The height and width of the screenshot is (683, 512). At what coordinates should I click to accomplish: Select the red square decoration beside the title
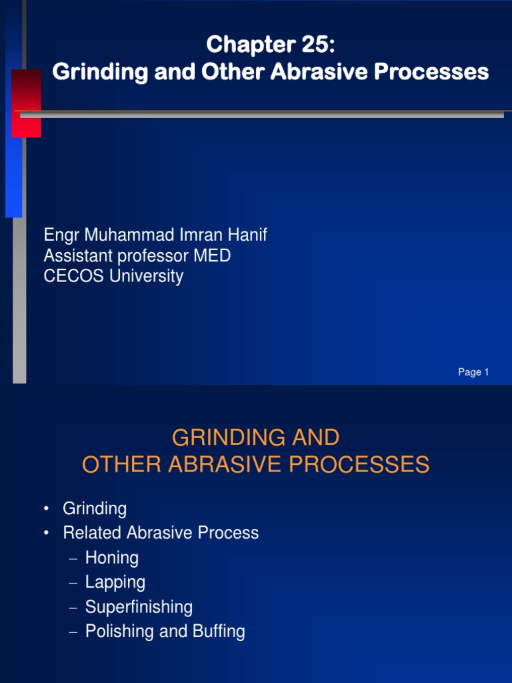point(27,103)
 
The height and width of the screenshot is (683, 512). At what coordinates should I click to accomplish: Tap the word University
point(147,276)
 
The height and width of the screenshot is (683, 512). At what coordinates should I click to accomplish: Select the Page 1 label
point(473,372)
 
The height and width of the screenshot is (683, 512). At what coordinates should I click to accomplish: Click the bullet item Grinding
point(95,509)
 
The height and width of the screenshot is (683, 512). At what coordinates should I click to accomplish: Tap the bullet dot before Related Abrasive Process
point(47,534)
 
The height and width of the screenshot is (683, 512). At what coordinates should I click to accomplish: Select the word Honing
point(112,558)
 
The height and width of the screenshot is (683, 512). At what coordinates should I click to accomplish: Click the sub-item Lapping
point(115,582)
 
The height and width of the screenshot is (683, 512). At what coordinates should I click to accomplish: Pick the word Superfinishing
point(139,607)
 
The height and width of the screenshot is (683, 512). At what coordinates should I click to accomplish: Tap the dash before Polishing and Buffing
point(74,632)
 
